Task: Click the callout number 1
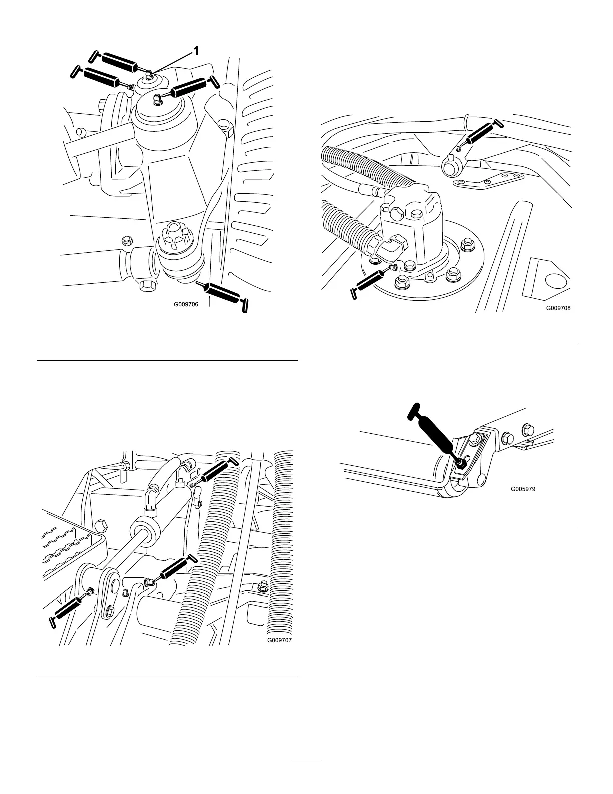pos(196,50)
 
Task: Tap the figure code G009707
pos(280,640)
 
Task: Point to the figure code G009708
pos(558,308)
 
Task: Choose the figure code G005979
pos(523,489)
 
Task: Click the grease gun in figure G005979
pos(433,431)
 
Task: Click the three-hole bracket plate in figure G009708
pos(488,180)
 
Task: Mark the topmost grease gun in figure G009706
pos(115,61)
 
